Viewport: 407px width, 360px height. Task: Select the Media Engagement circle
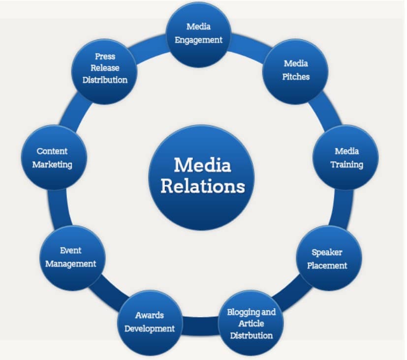[x=198, y=33]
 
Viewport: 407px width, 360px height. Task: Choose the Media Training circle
[x=346, y=158]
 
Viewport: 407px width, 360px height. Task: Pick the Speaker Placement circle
[x=328, y=259]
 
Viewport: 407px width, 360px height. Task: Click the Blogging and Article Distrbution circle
[x=251, y=323]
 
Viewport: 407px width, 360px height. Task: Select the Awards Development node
[x=149, y=322]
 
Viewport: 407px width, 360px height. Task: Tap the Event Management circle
[x=71, y=258]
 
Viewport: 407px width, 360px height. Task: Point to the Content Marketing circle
[x=54, y=158]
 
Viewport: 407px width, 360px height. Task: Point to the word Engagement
[x=199, y=39]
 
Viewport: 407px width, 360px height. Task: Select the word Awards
[x=149, y=315]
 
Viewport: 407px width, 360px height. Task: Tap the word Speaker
[x=327, y=252]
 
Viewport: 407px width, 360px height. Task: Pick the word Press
[x=105, y=57]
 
